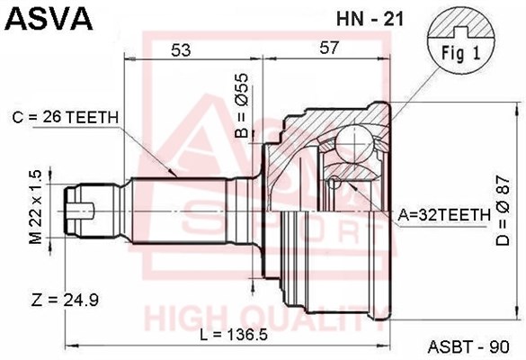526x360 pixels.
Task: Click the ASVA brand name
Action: click(49, 19)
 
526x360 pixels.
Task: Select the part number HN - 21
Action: click(370, 20)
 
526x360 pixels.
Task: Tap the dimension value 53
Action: click(181, 50)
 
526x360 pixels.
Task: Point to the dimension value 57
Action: click(329, 48)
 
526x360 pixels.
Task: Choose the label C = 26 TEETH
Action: click(66, 118)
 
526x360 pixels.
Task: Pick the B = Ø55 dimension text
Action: click(242, 106)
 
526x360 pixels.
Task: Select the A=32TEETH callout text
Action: click(444, 215)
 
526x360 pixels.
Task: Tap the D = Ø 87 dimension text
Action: click(503, 211)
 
